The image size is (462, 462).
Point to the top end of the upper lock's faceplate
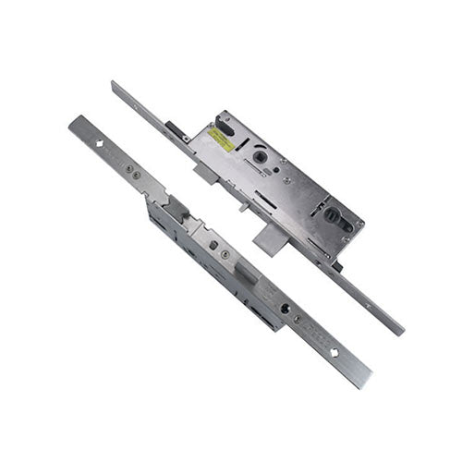coord(115,85)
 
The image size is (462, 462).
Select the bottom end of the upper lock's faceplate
coord(399,330)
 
